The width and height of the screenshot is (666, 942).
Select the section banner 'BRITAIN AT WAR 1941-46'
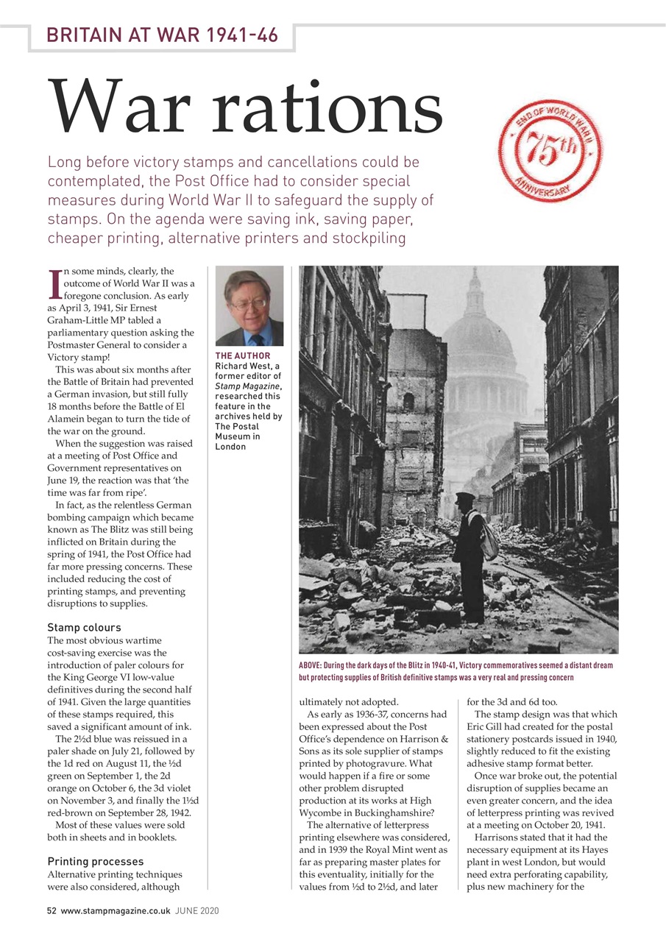162,35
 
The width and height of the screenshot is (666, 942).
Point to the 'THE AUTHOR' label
243,356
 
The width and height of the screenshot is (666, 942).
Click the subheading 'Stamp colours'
84,628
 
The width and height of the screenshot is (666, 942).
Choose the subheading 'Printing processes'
96,861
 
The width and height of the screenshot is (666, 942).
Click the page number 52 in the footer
52,910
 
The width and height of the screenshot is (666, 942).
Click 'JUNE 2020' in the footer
196,910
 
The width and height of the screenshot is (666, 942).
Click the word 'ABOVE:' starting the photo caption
312,665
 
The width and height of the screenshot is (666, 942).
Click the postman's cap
464,498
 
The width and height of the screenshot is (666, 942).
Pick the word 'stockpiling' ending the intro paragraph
368,238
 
